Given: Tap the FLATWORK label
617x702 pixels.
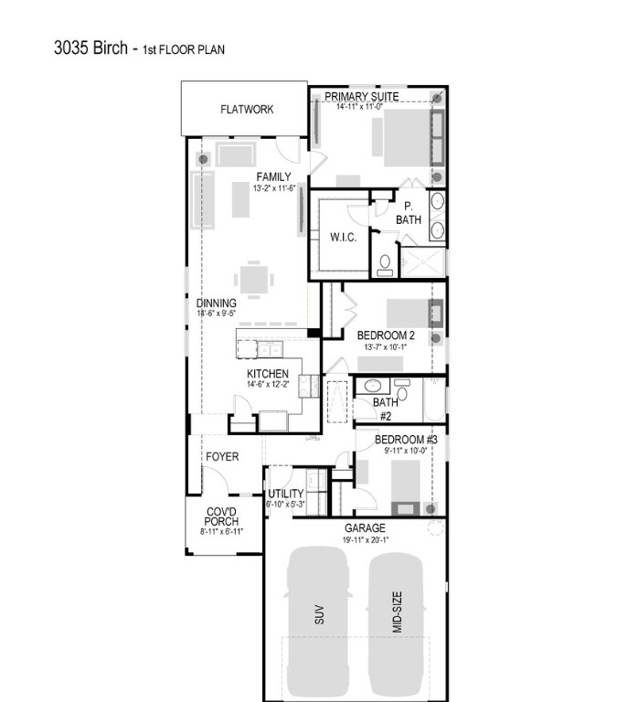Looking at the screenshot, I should coord(247,110).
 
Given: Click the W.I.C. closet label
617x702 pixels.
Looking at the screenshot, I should coord(343,238).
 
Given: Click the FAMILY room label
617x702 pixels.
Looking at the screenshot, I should coord(273,177).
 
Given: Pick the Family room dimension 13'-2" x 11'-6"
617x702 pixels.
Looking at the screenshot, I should coord(273,188).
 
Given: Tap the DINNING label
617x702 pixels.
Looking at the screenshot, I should coord(217,303).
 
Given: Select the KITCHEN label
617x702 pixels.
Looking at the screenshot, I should coord(268,374).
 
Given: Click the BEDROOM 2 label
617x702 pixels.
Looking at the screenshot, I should coord(386,335).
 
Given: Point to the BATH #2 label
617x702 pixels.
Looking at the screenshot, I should coord(385,407).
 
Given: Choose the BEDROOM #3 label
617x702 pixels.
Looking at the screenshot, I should coord(407,440).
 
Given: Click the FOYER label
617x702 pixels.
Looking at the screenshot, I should coord(222,456).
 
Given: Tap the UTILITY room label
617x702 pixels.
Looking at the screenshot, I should coord(285,494).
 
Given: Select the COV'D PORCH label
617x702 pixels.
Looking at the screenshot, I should coord(221,516).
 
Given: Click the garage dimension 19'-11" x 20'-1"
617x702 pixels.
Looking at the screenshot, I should coord(365,540).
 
